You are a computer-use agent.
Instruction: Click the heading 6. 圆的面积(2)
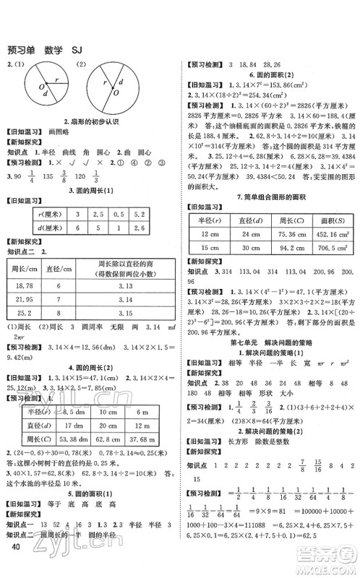[270, 76]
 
